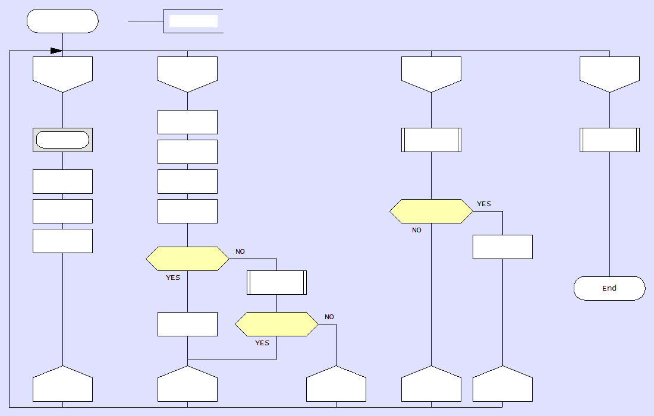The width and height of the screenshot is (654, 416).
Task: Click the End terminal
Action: coord(609,288)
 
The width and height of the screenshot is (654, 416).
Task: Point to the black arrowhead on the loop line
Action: coord(56,51)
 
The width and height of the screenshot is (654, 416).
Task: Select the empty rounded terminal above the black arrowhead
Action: coord(62,21)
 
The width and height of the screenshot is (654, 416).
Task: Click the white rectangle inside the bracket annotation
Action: coord(193,21)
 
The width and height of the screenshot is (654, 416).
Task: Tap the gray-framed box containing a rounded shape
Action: coord(62,140)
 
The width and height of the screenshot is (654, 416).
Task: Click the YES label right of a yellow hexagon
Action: coord(484,204)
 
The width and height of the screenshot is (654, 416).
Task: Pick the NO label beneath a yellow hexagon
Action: coord(417,230)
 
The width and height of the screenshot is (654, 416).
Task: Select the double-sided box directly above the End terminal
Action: coord(609,140)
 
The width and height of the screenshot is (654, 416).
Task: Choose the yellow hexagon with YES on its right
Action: coord(431,211)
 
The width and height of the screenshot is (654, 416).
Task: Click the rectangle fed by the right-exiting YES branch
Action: coord(502,247)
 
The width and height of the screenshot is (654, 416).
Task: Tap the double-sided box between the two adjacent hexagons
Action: coord(276,282)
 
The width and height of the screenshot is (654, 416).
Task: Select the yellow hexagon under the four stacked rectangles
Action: coord(187,259)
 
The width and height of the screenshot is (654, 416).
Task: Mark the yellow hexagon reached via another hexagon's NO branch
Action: coord(276,324)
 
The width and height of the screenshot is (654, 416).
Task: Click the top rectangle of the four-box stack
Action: coord(187,122)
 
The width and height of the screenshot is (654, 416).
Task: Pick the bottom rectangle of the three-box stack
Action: coord(62,241)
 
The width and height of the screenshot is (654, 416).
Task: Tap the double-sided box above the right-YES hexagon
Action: coord(431,140)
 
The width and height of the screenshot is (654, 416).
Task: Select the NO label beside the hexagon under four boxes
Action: coord(240,251)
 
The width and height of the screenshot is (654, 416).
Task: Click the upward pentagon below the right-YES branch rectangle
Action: coord(502,385)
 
